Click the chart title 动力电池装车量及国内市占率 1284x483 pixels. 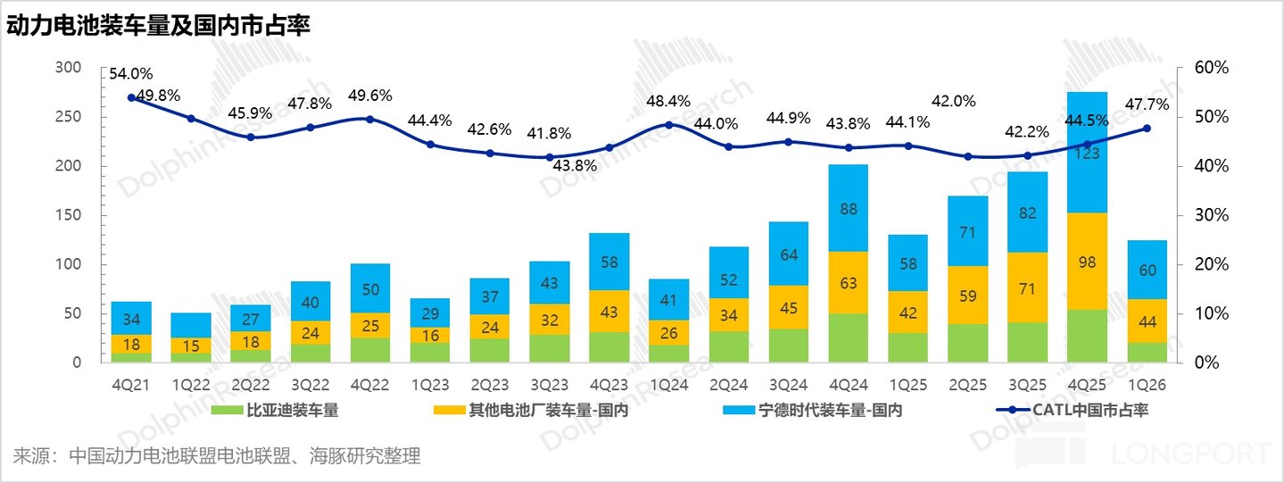click(x=159, y=27)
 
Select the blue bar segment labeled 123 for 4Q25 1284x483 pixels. click(x=1087, y=153)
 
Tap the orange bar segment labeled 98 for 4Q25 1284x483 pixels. click(x=1087, y=261)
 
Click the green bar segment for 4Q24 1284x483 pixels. click(x=848, y=337)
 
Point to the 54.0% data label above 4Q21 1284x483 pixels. click(x=131, y=74)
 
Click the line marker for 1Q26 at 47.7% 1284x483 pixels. click(x=1147, y=129)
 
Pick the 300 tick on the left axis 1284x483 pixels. click(x=68, y=68)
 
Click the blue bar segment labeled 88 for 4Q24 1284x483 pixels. click(x=848, y=208)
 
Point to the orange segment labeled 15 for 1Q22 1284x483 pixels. click(x=190, y=346)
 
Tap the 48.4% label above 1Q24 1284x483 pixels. click(x=668, y=101)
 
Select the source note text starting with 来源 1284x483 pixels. click(x=217, y=456)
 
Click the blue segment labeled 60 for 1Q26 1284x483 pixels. click(x=1147, y=270)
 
